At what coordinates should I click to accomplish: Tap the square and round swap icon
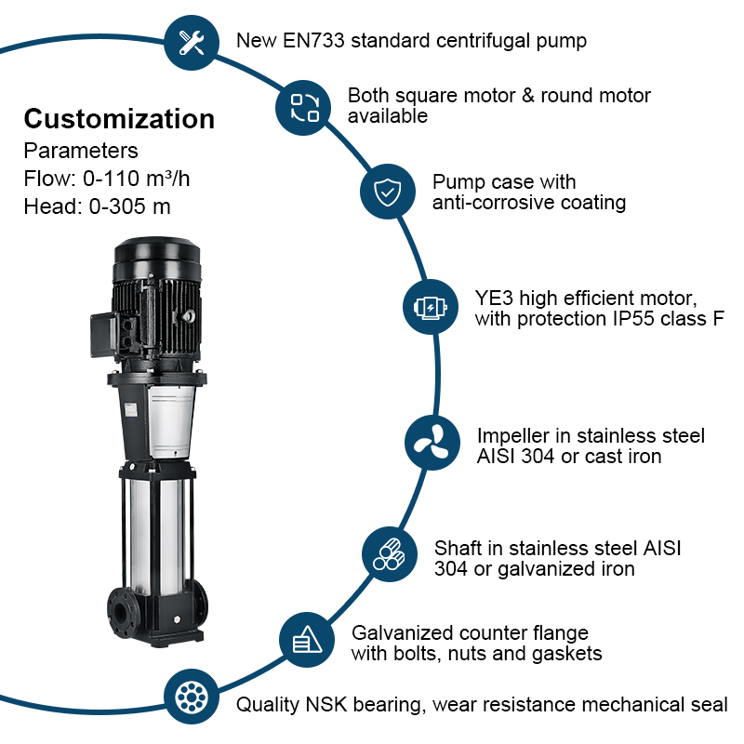click(304, 107)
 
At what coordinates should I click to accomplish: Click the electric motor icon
click(431, 306)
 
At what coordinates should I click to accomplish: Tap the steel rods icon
click(390, 554)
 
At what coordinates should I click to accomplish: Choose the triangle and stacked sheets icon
click(307, 640)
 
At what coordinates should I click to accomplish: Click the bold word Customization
click(119, 119)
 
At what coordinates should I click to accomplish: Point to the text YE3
click(494, 298)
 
